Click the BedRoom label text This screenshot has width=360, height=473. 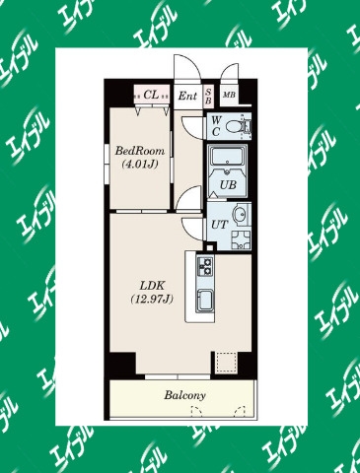pos(139,151)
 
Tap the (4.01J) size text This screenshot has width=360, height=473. pos(139,164)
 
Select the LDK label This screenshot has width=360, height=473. pos(152,286)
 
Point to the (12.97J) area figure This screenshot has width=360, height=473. pos(152,299)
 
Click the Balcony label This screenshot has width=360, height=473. pos(184,395)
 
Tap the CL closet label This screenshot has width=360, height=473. pos(151,95)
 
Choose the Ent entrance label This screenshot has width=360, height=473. pos(187,96)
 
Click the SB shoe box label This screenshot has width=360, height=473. pos(208,97)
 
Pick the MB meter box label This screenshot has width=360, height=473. pos(229,95)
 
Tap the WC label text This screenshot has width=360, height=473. pos(216,126)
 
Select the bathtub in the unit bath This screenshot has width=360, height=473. pos(228,157)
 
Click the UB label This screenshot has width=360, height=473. pos(228,185)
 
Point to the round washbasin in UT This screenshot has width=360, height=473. pos(239,215)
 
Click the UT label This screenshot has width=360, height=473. pos(219,225)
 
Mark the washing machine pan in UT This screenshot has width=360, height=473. pos(241,239)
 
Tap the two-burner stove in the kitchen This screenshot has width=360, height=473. pos(204,266)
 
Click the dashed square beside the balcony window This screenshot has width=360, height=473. pos(227,363)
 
